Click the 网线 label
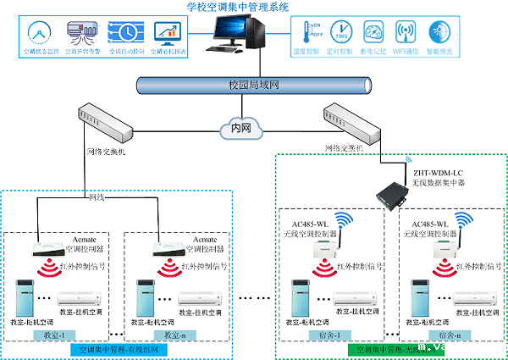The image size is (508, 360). [97, 198]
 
